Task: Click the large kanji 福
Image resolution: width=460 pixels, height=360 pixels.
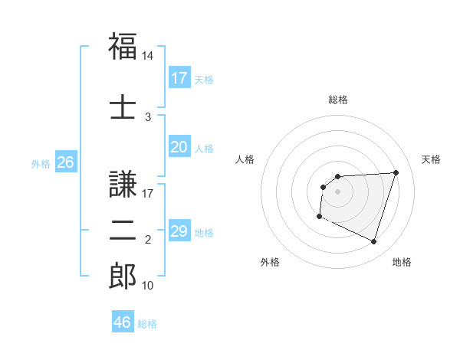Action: coord(123,46)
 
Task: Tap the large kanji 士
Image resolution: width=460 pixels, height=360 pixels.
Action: coord(123,106)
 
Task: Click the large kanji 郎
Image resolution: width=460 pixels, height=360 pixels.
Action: coord(123,276)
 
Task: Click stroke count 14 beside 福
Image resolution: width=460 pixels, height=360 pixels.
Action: coord(148,56)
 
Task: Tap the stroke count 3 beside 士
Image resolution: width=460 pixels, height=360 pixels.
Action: coord(148,116)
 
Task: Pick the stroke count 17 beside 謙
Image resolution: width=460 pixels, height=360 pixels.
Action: coord(148,194)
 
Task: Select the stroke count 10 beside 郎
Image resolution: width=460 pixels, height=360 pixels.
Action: coord(148,286)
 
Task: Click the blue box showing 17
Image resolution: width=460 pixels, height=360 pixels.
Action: coord(179,78)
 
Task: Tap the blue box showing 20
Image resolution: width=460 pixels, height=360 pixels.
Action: coord(179,148)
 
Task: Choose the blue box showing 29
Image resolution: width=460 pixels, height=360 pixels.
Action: coord(179,231)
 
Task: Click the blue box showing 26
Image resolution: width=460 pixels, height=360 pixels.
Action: coord(65,162)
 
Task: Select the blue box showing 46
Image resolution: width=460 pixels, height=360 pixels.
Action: coord(122,322)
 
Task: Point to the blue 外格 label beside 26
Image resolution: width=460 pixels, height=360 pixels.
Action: coord(40,163)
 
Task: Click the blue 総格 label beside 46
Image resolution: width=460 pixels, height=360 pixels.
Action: coord(147,323)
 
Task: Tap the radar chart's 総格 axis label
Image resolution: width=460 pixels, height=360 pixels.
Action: coord(337,100)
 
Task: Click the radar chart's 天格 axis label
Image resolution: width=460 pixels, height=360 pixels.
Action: coord(431,159)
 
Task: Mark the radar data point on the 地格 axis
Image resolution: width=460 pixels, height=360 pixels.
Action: coord(374,242)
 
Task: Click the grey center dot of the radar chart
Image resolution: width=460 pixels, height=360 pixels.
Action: coord(337,191)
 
